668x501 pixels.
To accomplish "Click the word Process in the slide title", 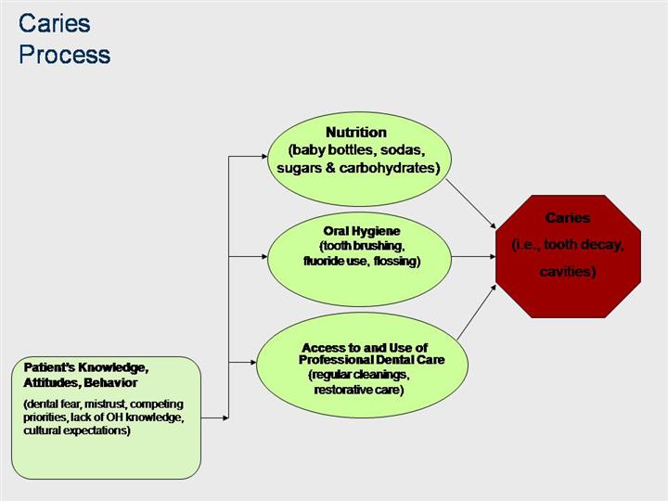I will point(64,55).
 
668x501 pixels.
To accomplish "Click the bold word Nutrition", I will point(355,133).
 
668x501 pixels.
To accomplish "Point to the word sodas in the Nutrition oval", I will point(402,150).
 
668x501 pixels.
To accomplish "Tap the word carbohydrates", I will point(385,168).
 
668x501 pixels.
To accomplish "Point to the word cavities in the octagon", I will point(567,271).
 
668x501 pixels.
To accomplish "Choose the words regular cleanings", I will point(358,375).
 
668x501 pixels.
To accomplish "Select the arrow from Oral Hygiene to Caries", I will point(473,256).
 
